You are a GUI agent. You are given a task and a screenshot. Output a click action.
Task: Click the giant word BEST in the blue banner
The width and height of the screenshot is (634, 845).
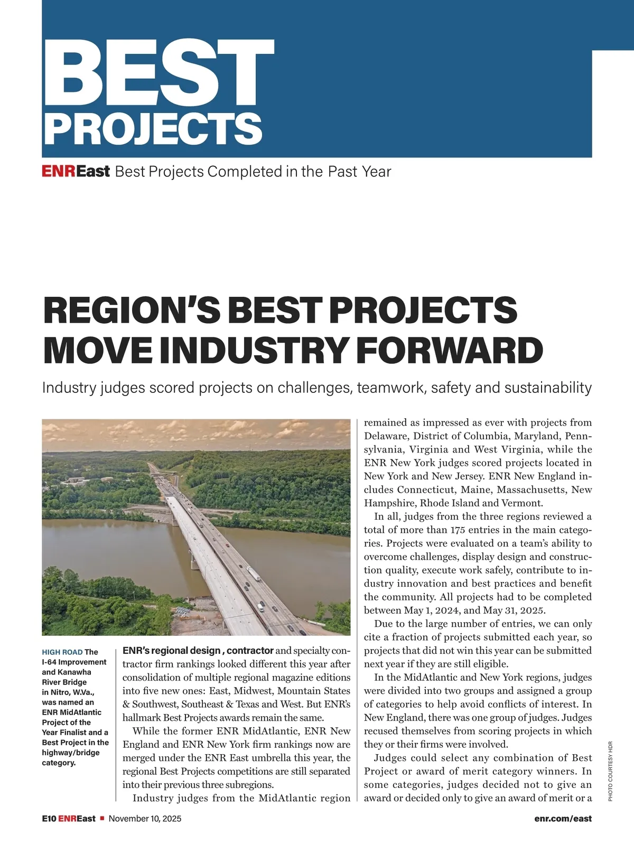[x=158, y=71]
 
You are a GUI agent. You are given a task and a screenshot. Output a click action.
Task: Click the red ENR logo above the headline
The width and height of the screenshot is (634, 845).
[x=59, y=172]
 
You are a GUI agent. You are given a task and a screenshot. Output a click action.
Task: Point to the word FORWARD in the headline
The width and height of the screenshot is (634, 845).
[x=450, y=350]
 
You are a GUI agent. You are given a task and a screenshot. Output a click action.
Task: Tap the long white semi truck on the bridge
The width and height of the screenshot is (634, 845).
[x=253, y=573]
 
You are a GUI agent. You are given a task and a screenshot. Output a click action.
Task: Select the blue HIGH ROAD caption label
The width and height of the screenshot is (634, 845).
[x=62, y=652]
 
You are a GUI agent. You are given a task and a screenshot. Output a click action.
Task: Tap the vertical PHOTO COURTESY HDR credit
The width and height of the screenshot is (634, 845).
[x=610, y=771]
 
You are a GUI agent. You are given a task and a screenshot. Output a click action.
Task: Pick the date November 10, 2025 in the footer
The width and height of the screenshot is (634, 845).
[x=145, y=819]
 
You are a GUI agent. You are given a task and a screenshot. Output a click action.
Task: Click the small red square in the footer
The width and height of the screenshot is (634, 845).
[x=102, y=819]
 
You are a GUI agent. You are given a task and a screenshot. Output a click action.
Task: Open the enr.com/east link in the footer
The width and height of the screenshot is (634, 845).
[x=563, y=819]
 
